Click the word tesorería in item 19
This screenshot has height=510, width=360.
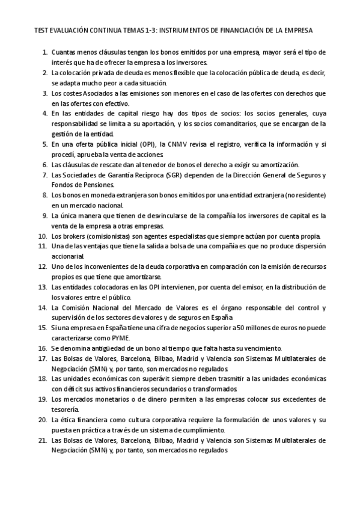click(x=68, y=410)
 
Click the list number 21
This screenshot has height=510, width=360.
click(x=42, y=440)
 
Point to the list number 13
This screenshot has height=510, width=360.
click(x=42, y=287)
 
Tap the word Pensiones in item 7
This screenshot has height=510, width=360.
click(x=85, y=185)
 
